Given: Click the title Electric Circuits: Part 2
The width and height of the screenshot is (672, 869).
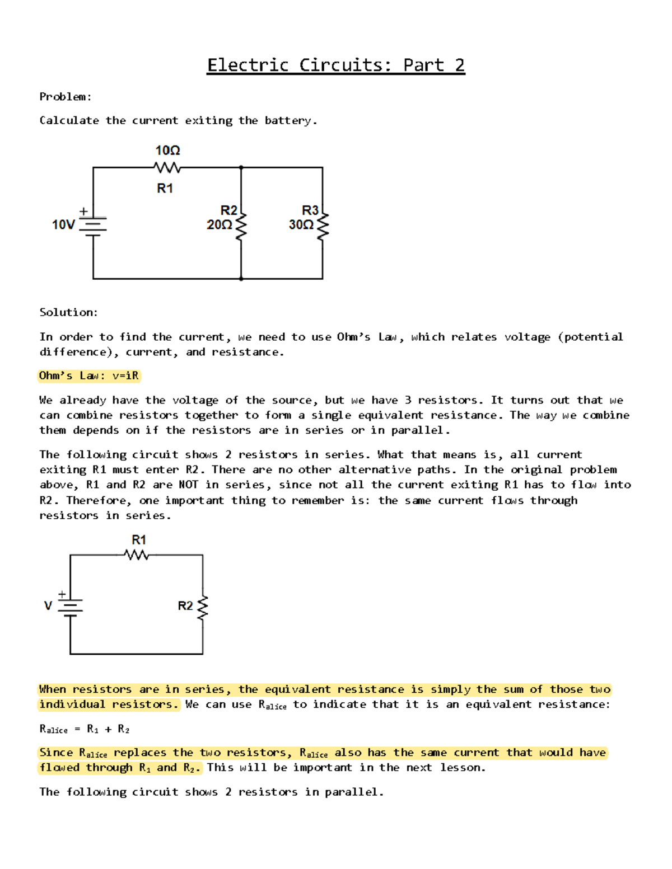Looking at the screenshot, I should [336, 65].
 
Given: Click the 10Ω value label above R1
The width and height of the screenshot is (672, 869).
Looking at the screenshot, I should [167, 151].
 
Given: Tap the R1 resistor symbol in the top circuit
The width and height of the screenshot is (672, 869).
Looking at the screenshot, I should [167, 167].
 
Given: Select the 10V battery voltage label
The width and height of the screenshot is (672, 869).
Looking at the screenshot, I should [63, 225].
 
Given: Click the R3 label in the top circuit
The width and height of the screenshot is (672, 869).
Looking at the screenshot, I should [310, 210].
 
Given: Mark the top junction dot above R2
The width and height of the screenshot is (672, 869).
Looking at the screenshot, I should [241, 167].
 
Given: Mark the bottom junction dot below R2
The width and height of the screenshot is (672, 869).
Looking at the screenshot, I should [241, 278].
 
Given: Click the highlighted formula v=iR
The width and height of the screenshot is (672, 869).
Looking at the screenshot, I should [125, 375].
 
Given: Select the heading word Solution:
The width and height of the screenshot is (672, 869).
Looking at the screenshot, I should [68, 312].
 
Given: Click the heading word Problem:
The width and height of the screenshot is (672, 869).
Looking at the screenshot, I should [66, 97].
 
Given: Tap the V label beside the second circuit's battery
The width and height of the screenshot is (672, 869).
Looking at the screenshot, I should [48, 605].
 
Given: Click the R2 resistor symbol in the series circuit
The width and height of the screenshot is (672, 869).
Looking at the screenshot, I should [203, 607].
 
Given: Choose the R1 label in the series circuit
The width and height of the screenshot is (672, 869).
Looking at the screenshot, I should [139, 540].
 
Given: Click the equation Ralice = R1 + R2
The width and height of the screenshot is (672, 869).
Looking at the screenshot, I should [85, 729].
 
